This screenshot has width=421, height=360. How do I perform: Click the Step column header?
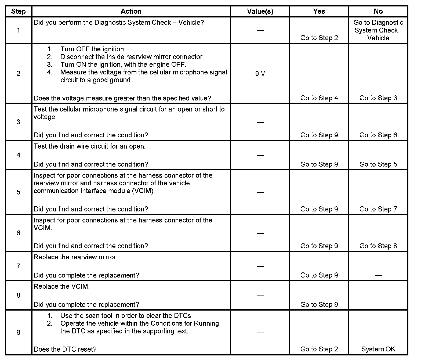point(18,11)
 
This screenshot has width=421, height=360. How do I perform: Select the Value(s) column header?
point(260,11)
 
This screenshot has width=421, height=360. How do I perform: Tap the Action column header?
point(131,11)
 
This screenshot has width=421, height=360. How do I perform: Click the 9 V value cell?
point(260,73)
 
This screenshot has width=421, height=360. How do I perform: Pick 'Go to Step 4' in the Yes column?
point(319,98)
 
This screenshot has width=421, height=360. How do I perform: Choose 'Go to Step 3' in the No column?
point(378,98)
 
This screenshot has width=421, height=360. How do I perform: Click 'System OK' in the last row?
point(378,349)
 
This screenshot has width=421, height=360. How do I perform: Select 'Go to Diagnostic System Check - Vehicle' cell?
point(378,30)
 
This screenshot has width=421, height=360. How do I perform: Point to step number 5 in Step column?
point(18,192)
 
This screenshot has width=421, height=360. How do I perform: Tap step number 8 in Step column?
point(18,295)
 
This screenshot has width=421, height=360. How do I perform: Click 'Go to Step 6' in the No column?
point(378,135)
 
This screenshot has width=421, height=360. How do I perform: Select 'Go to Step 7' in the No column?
point(378,209)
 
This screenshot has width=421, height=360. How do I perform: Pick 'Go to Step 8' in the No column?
point(378,246)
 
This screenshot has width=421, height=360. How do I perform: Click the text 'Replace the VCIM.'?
point(61,286)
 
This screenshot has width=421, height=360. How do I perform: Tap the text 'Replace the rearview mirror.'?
point(75,257)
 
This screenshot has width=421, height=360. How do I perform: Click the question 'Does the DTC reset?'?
point(65,349)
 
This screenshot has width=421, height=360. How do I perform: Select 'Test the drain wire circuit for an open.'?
point(89,146)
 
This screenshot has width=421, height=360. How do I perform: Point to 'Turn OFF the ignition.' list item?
point(93,49)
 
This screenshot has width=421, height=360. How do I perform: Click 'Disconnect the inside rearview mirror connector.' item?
point(132,57)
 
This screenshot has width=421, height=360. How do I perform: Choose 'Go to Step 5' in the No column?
point(378,164)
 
